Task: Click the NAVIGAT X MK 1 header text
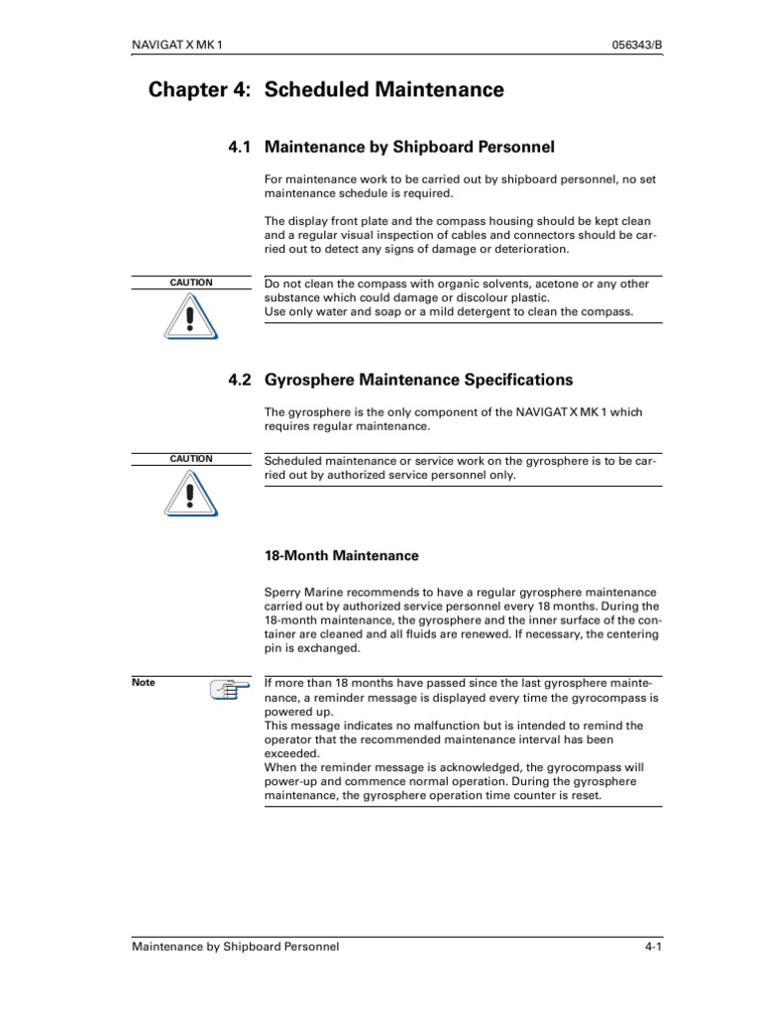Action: point(183,46)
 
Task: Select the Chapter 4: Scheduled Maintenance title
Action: point(326,90)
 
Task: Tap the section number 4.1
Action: point(240,148)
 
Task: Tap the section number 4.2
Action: point(240,380)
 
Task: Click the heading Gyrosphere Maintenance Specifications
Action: point(419,380)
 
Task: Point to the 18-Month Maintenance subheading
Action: point(341,556)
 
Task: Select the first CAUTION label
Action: point(191,282)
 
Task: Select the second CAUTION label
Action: point(191,459)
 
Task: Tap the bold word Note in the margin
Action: point(144,682)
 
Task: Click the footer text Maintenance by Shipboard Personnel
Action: point(236,947)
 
